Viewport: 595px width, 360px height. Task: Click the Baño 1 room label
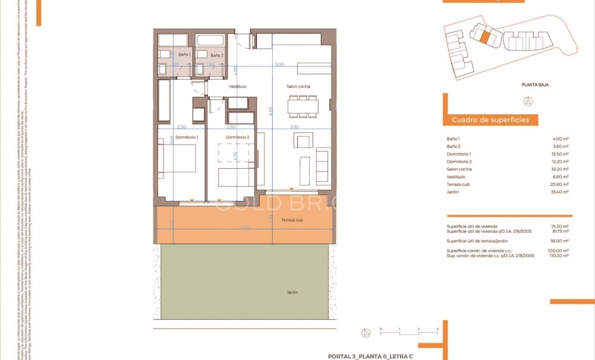pyautogui.click(x=184, y=55)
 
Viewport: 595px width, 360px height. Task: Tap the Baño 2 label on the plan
pyautogui.click(x=218, y=55)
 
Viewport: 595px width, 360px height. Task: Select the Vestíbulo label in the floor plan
pyautogui.click(x=238, y=86)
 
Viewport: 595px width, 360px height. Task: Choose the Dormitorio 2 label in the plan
pyautogui.click(x=237, y=137)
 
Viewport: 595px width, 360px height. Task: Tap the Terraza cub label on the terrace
pyautogui.click(x=292, y=220)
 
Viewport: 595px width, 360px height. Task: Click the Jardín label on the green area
pyautogui.click(x=291, y=292)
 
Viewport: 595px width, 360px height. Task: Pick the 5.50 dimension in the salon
pyautogui.click(x=279, y=64)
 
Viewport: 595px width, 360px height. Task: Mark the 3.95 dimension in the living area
pyautogui.click(x=295, y=127)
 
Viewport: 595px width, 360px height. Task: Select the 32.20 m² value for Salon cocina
pyautogui.click(x=560, y=169)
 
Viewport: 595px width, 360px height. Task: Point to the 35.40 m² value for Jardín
pyautogui.click(x=560, y=192)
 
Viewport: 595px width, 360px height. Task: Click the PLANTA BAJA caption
pyautogui.click(x=535, y=85)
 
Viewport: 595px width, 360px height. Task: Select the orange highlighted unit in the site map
pyautogui.click(x=485, y=38)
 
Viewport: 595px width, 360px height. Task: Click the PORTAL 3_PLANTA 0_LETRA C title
pyautogui.click(x=370, y=355)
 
